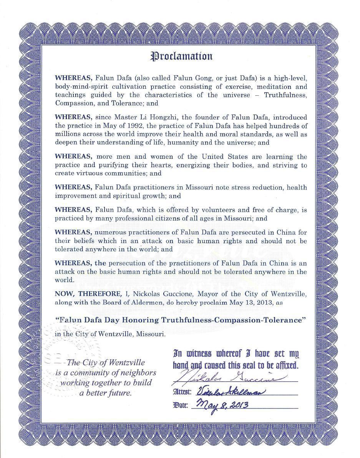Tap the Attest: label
(183, 392)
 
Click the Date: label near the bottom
(181, 405)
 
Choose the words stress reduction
(238, 187)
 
